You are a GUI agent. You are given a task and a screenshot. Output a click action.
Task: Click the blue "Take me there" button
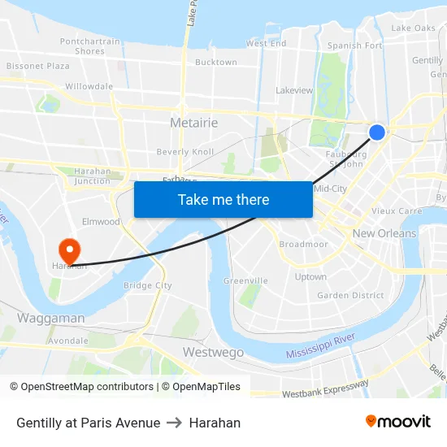tap(223, 199)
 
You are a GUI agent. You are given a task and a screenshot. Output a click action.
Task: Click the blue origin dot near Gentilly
tap(377, 132)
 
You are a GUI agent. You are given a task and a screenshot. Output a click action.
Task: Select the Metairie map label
tap(193, 123)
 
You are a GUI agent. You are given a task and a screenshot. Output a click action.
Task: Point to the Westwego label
tap(213, 353)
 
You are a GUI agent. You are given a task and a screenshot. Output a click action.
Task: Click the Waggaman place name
tap(50, 318)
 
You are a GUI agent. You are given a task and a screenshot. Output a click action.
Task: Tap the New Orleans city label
tap(384, 233)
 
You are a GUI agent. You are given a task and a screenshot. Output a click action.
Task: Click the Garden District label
tap(350, 296)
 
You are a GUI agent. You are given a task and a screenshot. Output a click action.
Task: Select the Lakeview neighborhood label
tap(294, 90)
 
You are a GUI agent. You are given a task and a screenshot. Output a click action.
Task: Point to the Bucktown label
tap(216, 62)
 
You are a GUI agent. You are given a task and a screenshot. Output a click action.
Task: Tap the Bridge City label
tap(147, 285)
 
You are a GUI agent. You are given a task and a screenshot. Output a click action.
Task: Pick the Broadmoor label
tap(303, 244)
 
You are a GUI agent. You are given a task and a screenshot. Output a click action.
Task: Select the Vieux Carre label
tap(397, 210)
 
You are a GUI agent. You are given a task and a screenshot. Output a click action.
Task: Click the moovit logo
tap(398, 422)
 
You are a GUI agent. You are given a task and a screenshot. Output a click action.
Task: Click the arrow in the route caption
tap(175, 423)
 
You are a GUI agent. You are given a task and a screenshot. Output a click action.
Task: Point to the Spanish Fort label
tap(354, 46)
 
